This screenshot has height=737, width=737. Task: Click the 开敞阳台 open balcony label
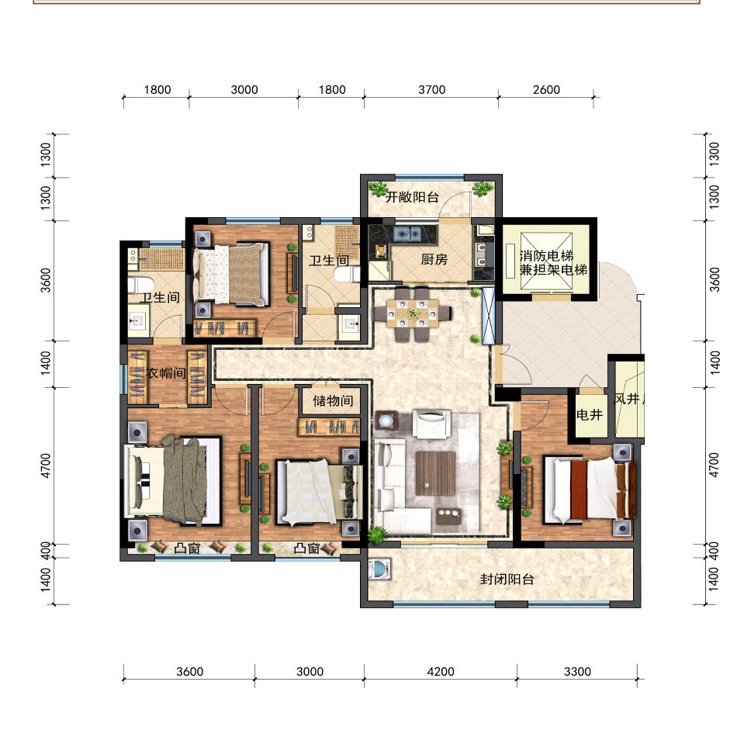(412, 197)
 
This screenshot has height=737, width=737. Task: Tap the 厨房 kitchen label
(434, 259)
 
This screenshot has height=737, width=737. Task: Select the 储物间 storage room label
(333, 401)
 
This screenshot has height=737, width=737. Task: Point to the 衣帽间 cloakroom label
(166, 373)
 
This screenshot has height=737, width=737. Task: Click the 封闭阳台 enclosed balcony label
(507, 579)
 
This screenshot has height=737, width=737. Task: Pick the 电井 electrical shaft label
(590, 414)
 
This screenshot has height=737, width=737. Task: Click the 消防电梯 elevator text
(546, 256)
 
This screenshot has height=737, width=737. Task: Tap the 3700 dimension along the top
(431, 89)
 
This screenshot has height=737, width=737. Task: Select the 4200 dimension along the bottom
(441, 671)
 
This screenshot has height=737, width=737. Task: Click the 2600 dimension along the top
(546, 89)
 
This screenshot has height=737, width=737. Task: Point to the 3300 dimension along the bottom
(577, 671)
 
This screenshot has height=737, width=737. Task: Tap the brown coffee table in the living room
(435, 473)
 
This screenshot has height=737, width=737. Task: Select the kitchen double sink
(407, 234)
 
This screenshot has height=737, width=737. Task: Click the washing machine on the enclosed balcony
(379, 569)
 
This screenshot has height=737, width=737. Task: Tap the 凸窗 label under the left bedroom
(187, 548)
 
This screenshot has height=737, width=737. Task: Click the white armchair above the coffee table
(431, 424)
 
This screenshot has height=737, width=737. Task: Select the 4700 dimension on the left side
(46, 465)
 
